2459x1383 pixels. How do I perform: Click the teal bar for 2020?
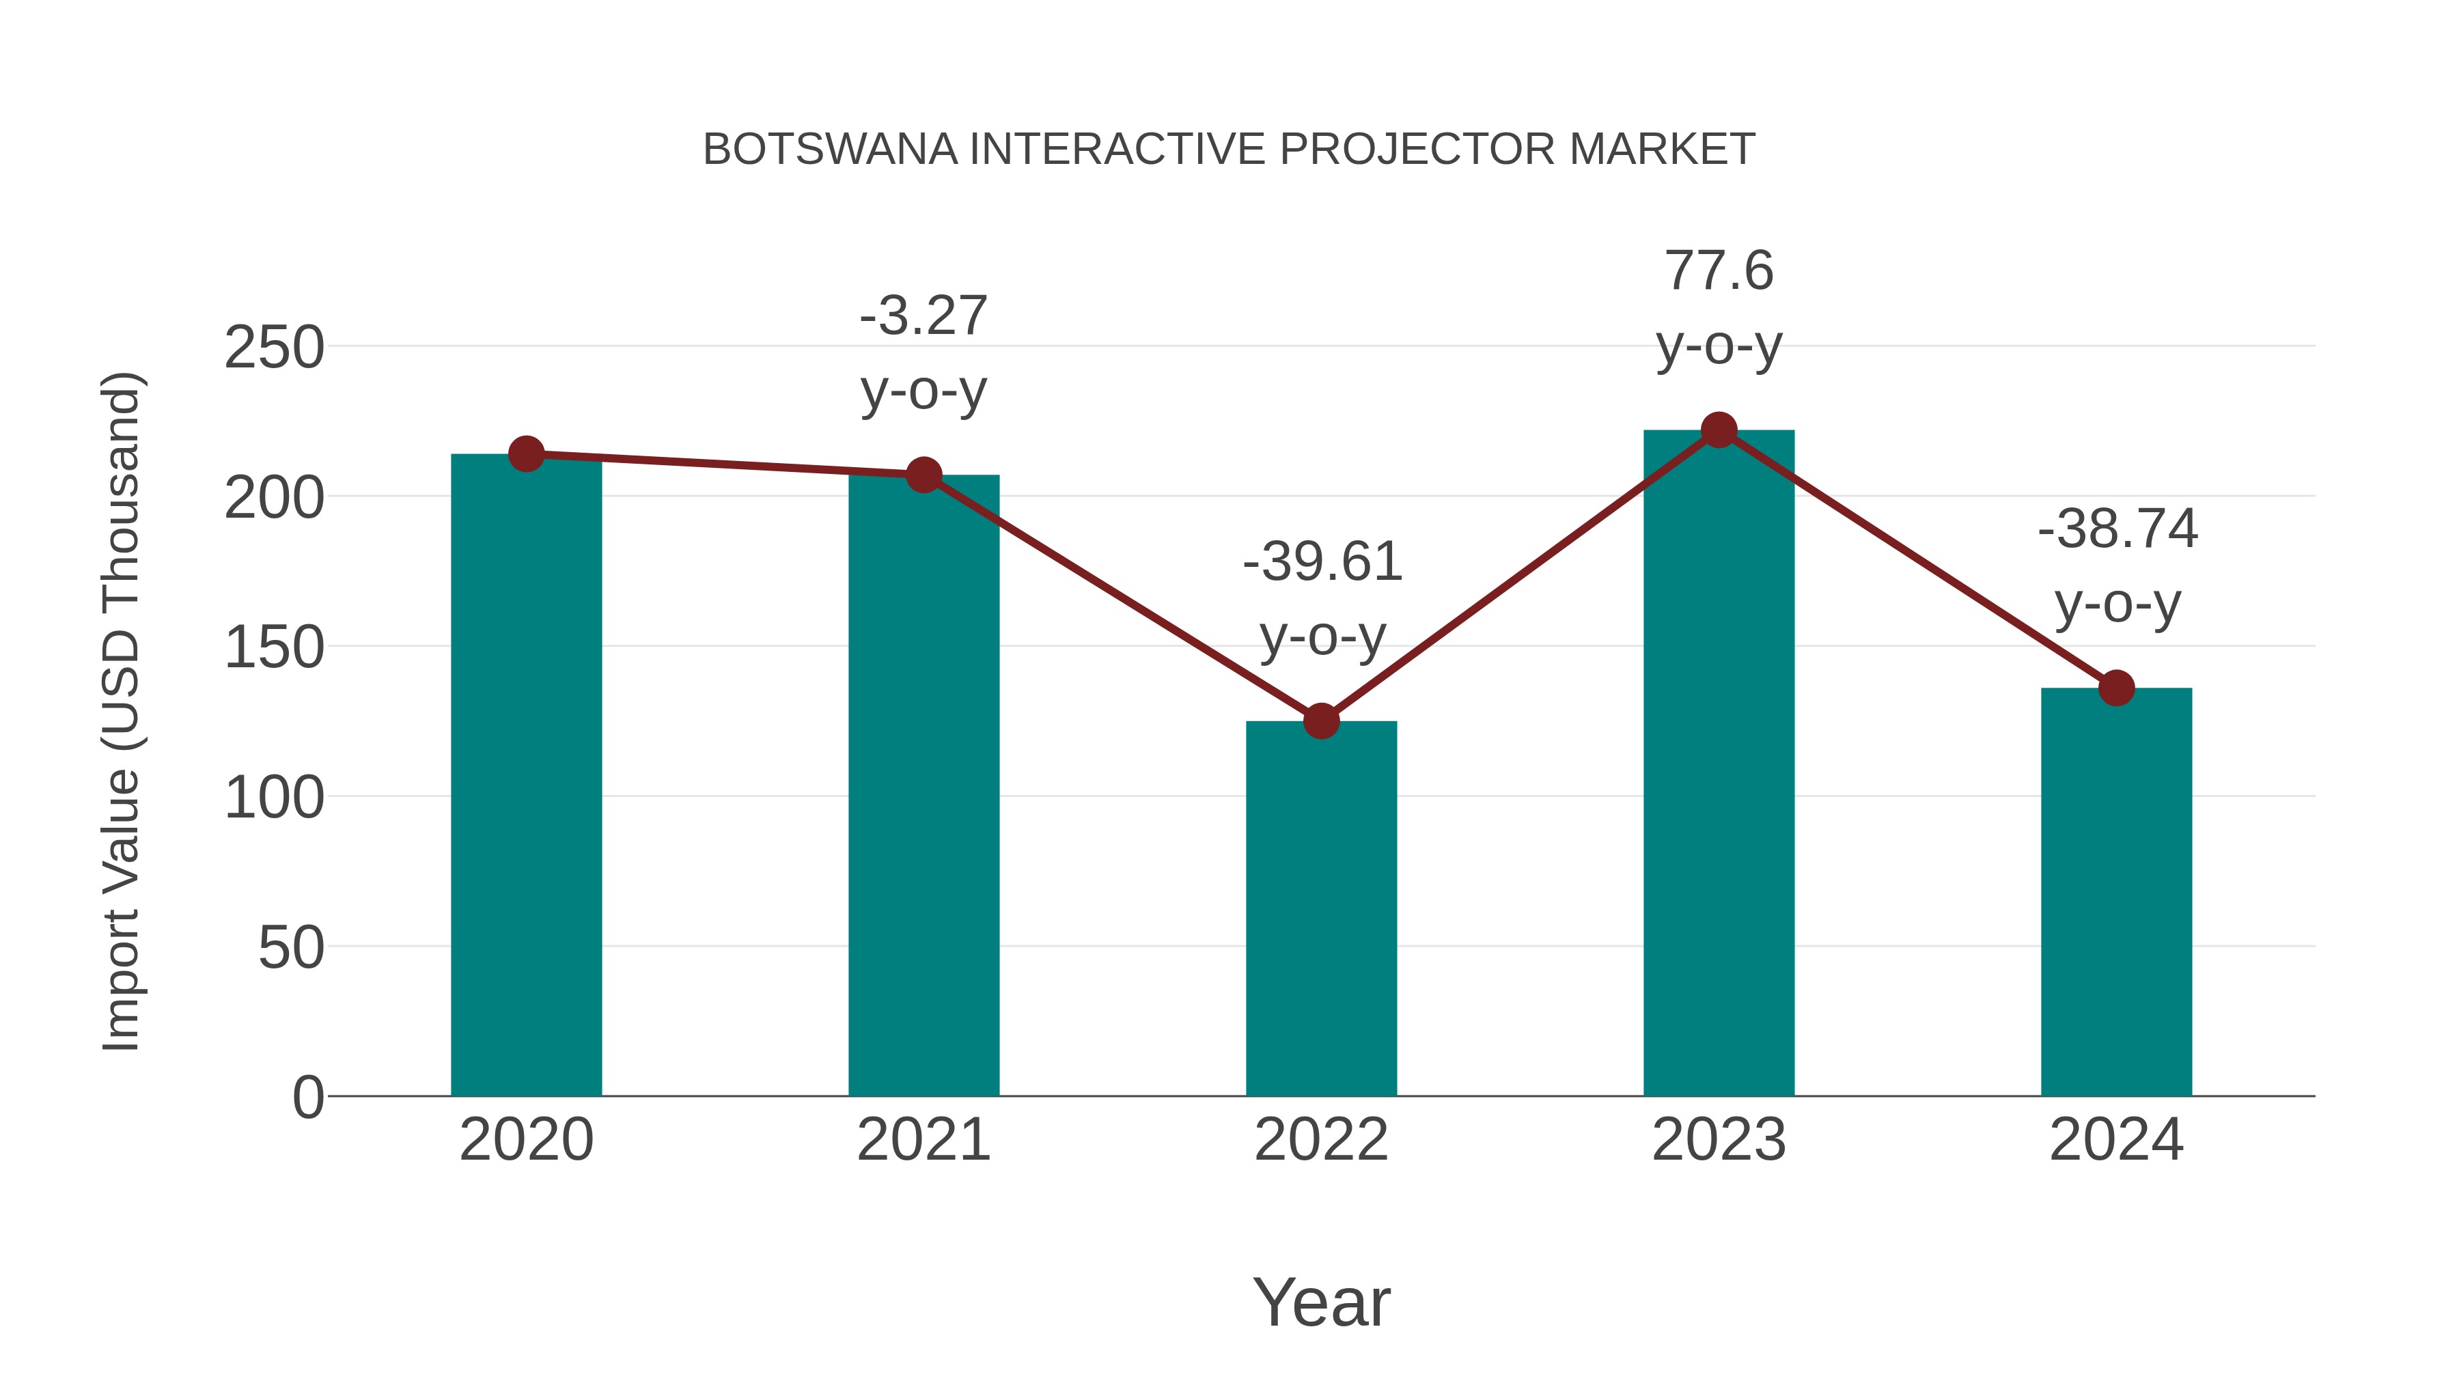pos(526,775)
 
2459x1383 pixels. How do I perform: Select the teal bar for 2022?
pos(1321,908)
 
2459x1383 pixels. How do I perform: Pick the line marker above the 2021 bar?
pos(923,475)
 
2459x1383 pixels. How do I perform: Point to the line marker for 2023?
pos(1719,430)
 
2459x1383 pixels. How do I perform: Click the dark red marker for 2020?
pos(526,454)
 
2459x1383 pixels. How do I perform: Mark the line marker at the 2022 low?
pos(1321,722)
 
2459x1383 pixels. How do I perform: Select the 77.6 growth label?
pos(1719,271)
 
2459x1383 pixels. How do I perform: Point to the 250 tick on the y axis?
pos(274,348)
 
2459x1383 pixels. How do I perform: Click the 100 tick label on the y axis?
pos(274,798)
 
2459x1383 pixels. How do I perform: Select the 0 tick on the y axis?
pos(307,1098)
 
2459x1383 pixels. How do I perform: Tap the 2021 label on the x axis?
pos(923,1140)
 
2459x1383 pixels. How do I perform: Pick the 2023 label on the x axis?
pos(1719,1140)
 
